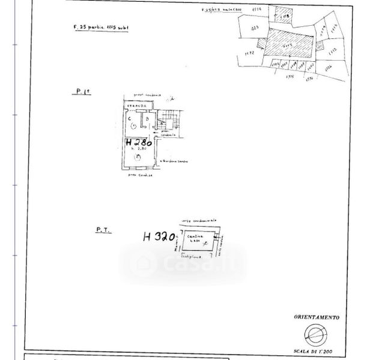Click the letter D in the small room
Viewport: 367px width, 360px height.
coord(147,118)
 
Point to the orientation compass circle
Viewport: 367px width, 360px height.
coord(316,333)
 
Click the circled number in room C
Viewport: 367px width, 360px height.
coord(132,127)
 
